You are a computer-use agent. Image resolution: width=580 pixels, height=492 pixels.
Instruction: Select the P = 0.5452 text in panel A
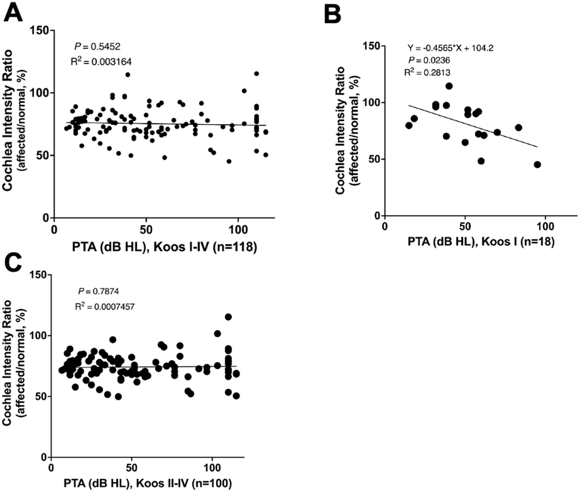click(97, 47)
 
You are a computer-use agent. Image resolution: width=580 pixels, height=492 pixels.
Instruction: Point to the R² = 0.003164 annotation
click(101, 61)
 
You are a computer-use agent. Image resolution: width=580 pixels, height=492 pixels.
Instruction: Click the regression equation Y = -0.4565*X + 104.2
click(450, 48)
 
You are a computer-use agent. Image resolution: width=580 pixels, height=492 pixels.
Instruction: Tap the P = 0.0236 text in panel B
click(429, 60)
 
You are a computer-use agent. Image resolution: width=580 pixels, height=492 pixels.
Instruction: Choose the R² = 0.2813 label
click(427, 72)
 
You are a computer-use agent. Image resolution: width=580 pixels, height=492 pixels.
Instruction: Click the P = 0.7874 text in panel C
click(98, 291)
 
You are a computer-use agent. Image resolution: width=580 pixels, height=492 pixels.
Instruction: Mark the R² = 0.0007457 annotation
click(105, 306)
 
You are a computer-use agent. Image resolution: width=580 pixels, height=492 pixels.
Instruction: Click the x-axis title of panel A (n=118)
click(164, 247)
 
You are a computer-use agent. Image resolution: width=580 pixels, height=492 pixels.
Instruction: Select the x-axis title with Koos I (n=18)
click(481, 241)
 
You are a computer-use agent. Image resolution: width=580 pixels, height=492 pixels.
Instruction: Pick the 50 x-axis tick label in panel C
click(131, 468)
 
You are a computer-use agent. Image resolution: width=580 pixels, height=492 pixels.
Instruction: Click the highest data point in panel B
click(449, 86)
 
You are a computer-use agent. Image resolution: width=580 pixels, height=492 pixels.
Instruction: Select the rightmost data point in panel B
click(537, 165)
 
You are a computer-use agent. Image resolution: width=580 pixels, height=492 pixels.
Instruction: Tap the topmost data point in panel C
click(228, 317)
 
